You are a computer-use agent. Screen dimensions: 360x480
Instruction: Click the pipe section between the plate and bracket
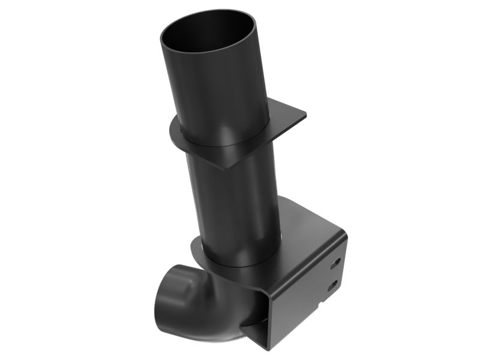[x=234, y=204]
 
